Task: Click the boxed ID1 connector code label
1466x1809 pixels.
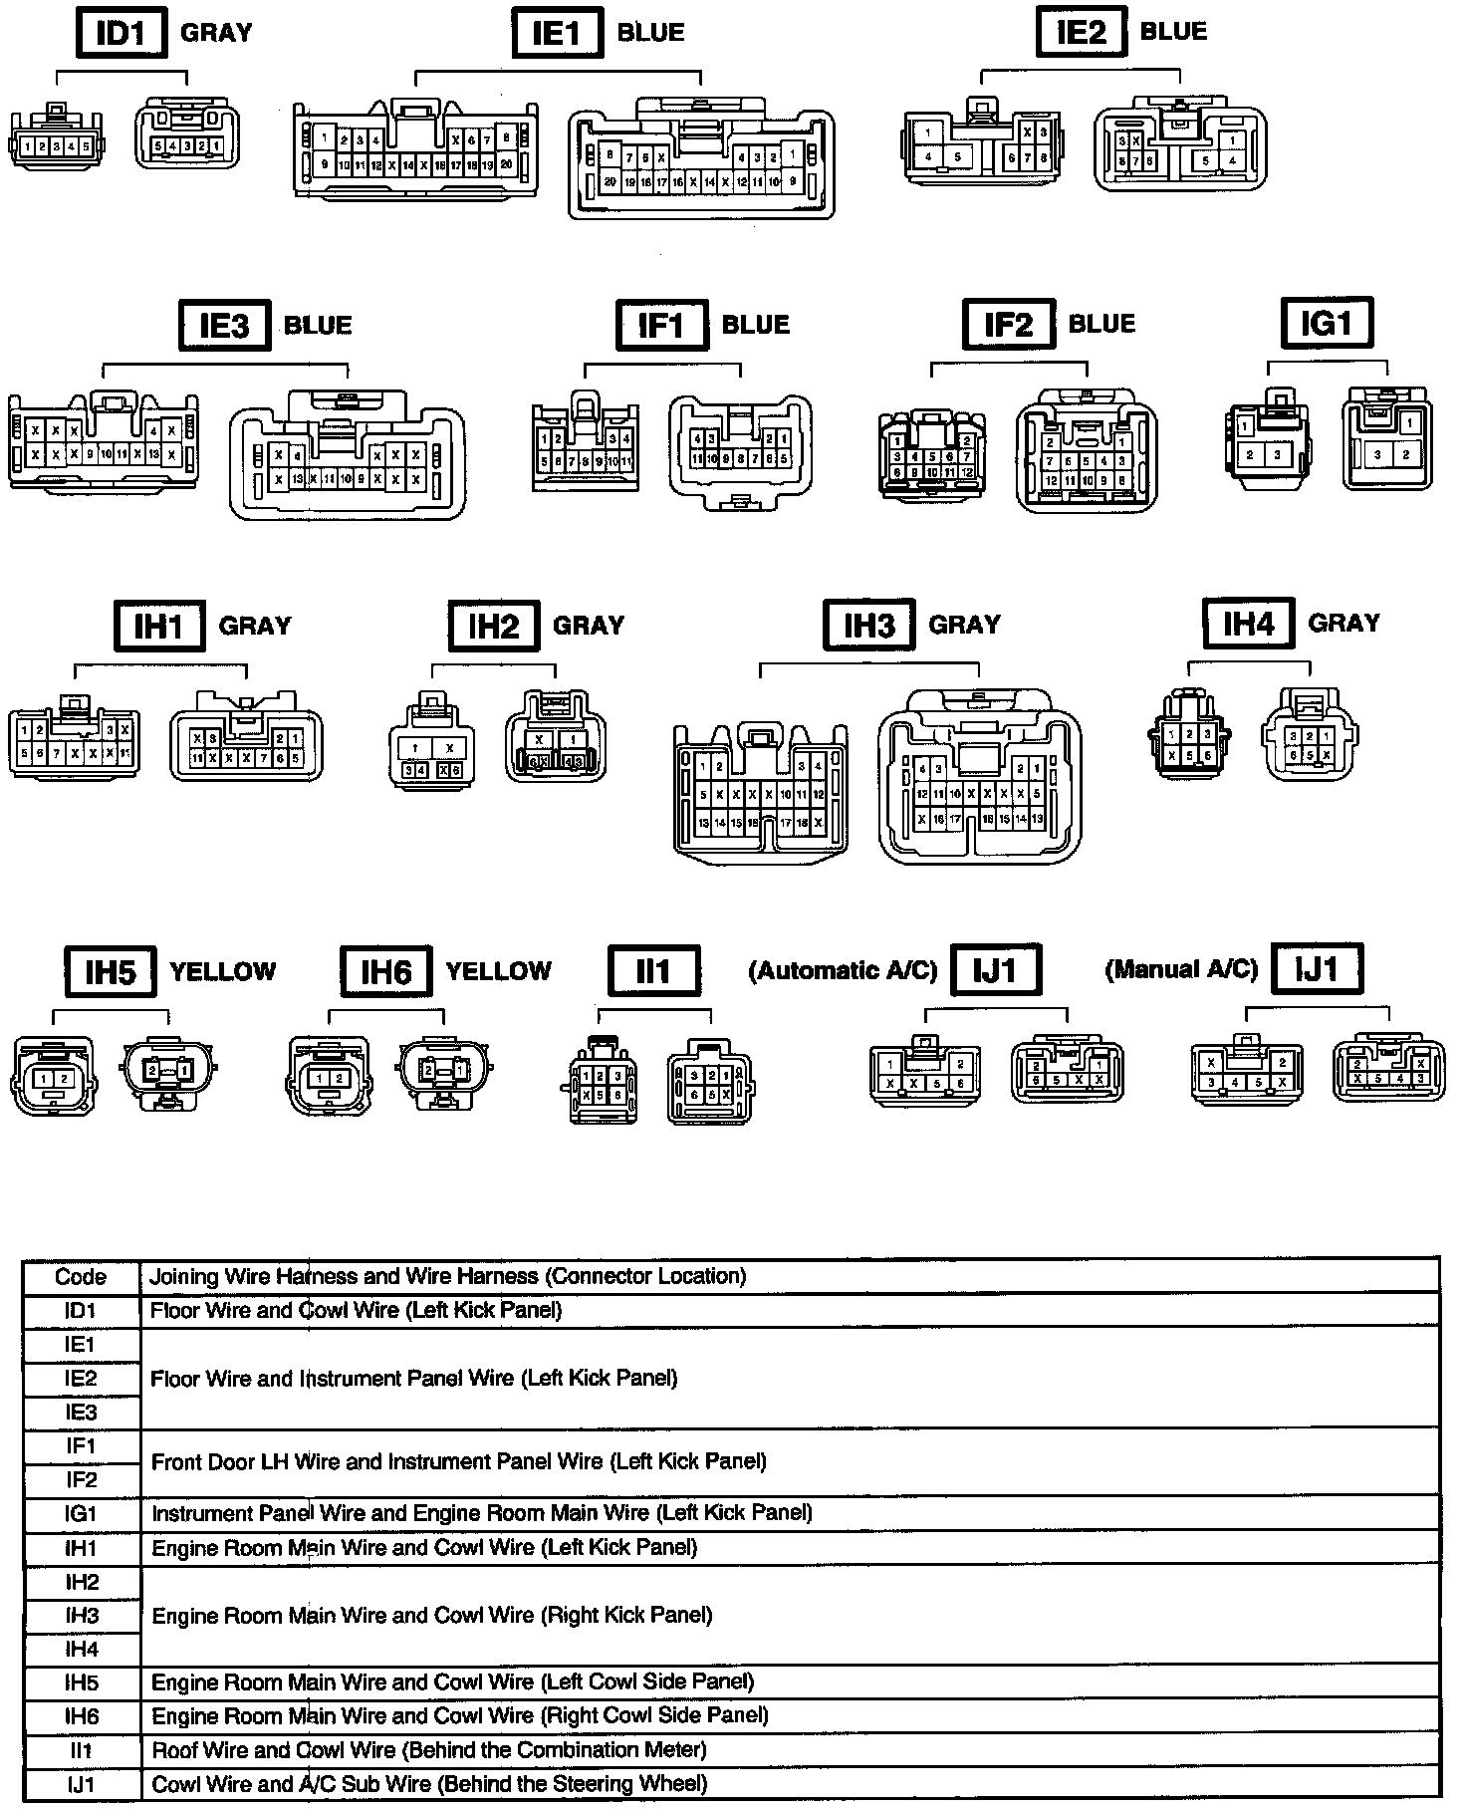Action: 121,33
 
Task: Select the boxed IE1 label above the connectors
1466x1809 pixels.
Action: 557,33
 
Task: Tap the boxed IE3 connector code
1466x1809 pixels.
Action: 224,325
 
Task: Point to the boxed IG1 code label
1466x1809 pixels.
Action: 1327,323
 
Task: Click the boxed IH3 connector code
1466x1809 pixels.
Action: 868,625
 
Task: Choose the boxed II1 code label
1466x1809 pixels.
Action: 653,970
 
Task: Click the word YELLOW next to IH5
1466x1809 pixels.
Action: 223,971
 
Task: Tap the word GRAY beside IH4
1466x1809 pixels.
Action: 1344,623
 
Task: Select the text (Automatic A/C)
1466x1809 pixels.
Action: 843,970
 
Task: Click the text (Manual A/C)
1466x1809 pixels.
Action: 1181,969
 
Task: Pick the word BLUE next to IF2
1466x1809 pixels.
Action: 1101,324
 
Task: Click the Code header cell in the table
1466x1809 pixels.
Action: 81,1277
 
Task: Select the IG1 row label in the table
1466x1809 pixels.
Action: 81,1514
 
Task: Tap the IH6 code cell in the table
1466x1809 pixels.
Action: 82,1716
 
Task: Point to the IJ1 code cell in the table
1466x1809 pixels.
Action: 81,1784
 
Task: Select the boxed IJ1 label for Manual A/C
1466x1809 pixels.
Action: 1316,969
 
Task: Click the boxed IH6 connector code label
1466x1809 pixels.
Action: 385,971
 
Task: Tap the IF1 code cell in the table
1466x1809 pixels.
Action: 81,1445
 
